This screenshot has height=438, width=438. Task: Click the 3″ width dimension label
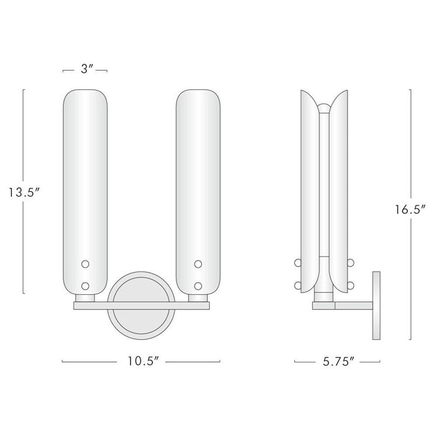click(85, 69)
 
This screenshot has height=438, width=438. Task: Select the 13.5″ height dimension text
click(23, 192)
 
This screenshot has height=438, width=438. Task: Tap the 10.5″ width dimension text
click(141, 361)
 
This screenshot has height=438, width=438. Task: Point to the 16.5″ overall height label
click(409, 208)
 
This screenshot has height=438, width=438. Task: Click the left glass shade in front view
click(85, 175)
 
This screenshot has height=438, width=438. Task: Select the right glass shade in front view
click(199, 175)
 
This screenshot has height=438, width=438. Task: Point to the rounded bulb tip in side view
click(323, 109)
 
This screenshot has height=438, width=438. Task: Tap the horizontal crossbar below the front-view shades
click(141, 304)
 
